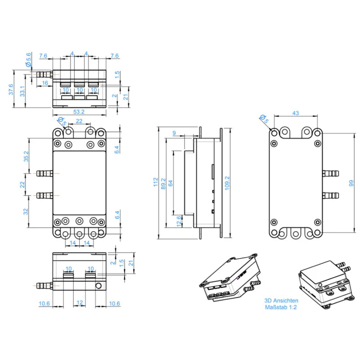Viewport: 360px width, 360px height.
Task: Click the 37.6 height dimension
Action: [x=11, y=89]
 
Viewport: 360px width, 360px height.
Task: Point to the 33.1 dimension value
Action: [x=22, y=91]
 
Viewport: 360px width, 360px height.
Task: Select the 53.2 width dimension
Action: [x=79, y=112]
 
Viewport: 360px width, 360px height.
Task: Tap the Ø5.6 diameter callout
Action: [x=28, y=60]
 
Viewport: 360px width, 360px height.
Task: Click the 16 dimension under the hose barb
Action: [x=45, y=83]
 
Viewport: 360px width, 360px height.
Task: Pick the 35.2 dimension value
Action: [x=27, y=156]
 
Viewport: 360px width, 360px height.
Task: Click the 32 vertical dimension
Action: [x=26, y=211]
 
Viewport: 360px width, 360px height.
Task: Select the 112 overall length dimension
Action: [x=156, y=182]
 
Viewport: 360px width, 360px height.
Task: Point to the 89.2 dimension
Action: [x=163, y=184]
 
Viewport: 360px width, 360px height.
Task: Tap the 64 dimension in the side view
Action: [x=171, y=183]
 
